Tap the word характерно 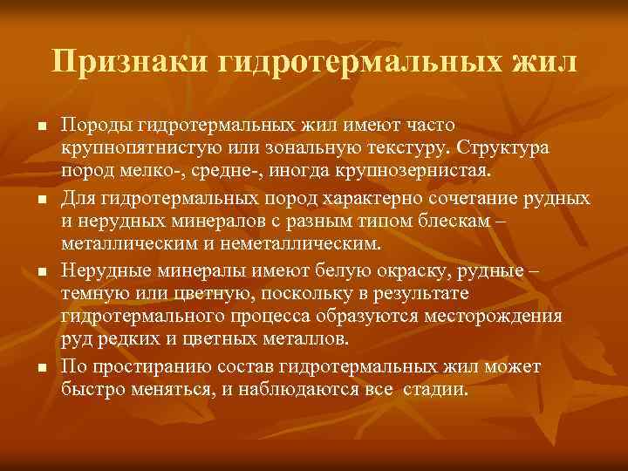375,200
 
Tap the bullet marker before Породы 40,127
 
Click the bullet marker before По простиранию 40,369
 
